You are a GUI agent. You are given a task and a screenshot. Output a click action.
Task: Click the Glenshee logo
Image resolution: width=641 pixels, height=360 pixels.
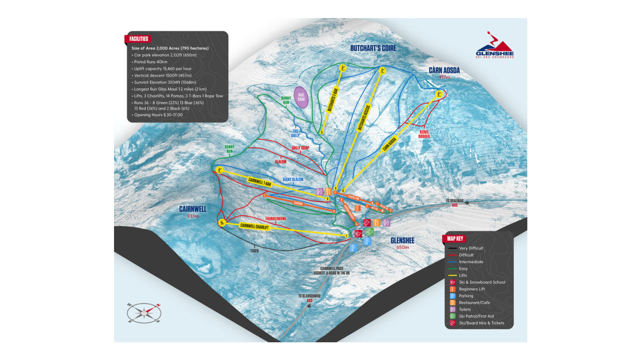pos(495,46)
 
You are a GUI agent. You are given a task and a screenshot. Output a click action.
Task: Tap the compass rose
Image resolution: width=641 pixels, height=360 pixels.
pos(144,313)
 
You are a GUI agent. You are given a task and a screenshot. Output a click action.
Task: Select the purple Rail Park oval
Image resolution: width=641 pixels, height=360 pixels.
pos(301,97)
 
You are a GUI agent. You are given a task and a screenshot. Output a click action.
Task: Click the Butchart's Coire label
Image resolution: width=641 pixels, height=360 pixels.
pos(373,48)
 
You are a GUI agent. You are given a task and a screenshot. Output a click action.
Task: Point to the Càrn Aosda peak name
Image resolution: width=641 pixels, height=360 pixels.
pos(444,71)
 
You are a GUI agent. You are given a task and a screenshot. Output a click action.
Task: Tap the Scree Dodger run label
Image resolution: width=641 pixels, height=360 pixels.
pos(424,134)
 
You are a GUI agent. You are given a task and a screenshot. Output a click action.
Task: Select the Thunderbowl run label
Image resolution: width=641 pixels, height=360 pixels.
pos(276,219)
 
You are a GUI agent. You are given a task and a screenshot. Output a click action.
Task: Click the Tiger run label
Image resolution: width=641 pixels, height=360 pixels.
pos(254,251)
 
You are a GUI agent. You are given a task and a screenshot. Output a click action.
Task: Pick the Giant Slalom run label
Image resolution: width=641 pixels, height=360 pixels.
pos(293,179)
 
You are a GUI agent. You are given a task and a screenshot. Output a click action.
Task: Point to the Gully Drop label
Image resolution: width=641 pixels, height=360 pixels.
pos(300,148)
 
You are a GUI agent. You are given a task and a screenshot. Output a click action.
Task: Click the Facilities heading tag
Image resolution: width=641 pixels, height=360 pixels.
pos(138,39)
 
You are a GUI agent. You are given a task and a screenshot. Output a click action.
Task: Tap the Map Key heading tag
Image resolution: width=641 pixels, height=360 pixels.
pos(455,239)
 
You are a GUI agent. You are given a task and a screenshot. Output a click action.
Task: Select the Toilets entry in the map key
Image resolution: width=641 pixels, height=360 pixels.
pos(464,310)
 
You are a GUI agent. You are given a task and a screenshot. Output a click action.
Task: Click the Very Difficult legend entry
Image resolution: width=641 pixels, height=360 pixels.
pos(471,248)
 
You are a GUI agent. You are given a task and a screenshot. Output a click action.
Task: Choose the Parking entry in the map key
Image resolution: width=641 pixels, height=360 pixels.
pos(466,296)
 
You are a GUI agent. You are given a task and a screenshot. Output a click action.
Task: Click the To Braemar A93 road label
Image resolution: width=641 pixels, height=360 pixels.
pos(455,203)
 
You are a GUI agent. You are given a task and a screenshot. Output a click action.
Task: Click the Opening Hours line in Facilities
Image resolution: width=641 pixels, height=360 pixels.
pos(158,115)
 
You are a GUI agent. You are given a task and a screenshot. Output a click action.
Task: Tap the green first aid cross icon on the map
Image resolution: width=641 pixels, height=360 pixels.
pos(369,232)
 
